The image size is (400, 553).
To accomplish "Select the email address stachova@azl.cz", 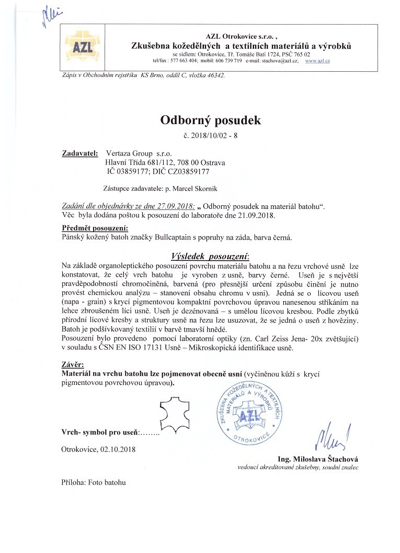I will [x=281, y=61].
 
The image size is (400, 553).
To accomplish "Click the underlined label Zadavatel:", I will [x=80, y=154].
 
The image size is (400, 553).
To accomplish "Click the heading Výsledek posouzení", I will [x=211, y=257].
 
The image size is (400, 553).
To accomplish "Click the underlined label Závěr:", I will [x=72, y=364].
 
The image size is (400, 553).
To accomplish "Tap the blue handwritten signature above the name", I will [x=332, y=434].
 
